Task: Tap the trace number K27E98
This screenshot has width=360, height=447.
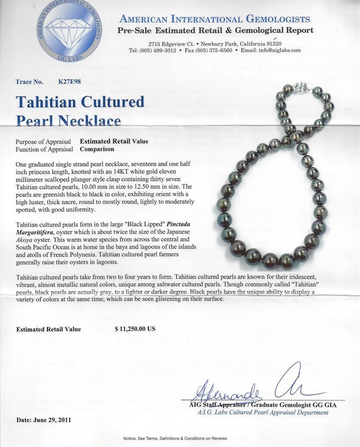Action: (70, 82)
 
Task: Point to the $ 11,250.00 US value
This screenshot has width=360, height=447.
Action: (135, 329)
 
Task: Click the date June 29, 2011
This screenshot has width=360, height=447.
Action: (44, 420)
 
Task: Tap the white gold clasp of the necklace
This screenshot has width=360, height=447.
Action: (299, 87)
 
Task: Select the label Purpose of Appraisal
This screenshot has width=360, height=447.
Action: (43, 142)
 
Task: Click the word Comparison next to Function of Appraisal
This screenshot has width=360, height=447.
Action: (97, 149)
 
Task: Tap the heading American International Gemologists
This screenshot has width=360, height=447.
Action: (214, 19)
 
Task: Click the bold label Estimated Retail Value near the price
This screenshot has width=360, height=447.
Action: (48, 329)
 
